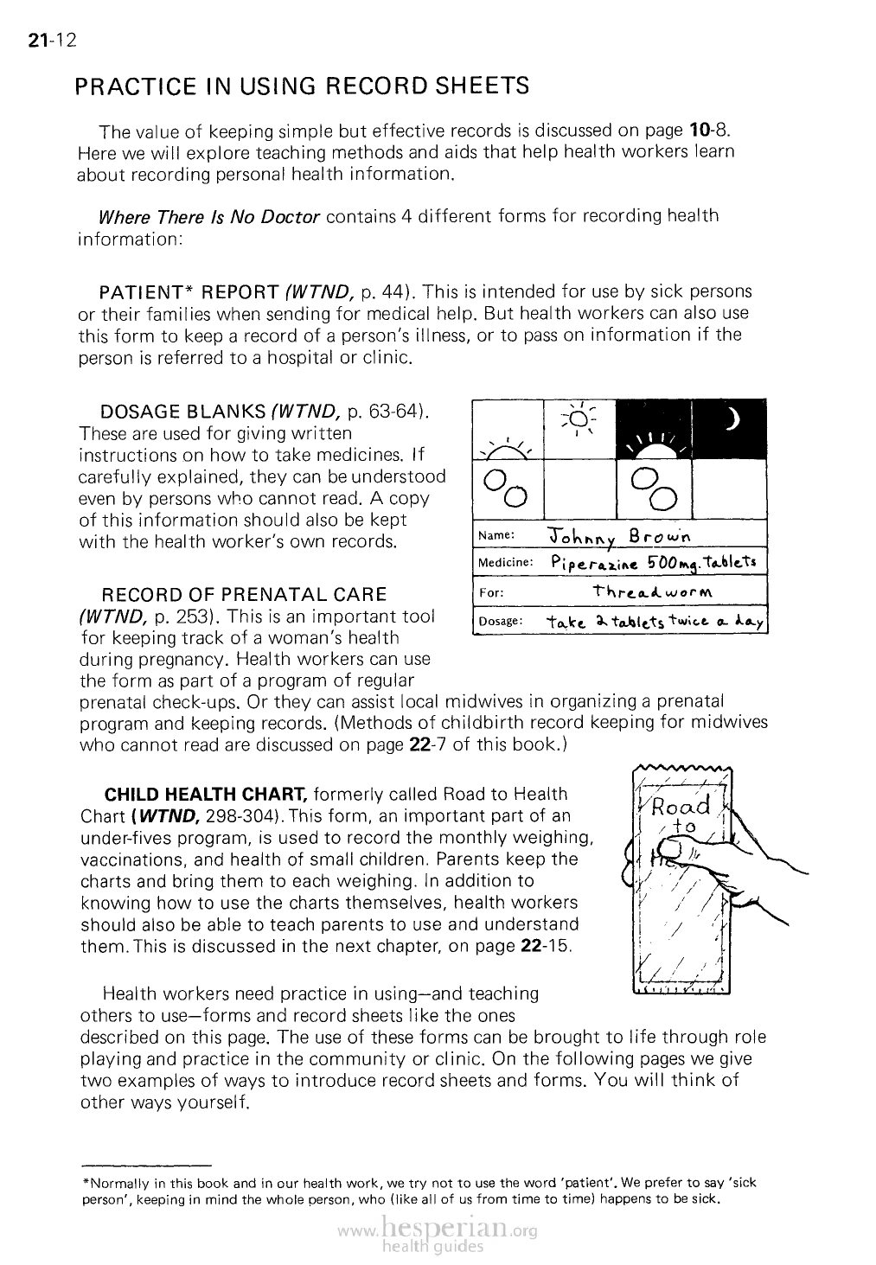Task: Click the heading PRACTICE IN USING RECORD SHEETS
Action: tap(302, 86)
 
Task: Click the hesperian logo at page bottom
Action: tap(438, 1232)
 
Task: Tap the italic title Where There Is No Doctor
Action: tap(210, 215)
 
